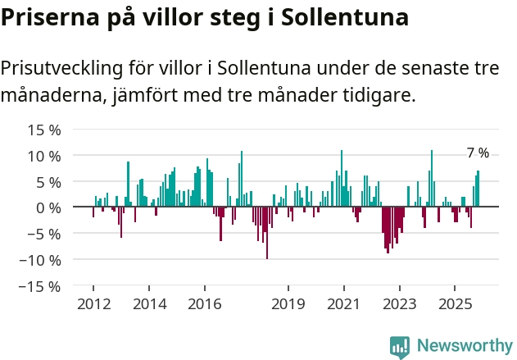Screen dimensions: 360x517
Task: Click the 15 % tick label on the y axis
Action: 45,130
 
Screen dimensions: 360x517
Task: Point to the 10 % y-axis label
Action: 45,156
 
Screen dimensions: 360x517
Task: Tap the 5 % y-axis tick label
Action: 48,182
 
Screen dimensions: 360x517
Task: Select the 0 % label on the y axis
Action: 48,207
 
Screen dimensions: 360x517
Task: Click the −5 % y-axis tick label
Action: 45,234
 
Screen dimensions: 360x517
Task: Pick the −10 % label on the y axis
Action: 41,260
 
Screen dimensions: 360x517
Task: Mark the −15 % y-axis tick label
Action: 41,286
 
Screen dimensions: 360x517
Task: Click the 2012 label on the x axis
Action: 93,304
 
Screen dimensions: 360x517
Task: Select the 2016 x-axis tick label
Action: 204,304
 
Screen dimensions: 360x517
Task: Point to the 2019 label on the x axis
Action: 288,304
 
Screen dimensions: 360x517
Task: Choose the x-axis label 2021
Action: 343,304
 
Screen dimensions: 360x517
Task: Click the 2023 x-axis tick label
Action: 399,304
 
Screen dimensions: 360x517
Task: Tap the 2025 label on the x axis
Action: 455,304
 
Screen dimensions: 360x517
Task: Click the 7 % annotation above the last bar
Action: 478,153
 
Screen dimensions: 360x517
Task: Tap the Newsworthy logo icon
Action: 400,347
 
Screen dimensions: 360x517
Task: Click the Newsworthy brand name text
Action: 464,346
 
